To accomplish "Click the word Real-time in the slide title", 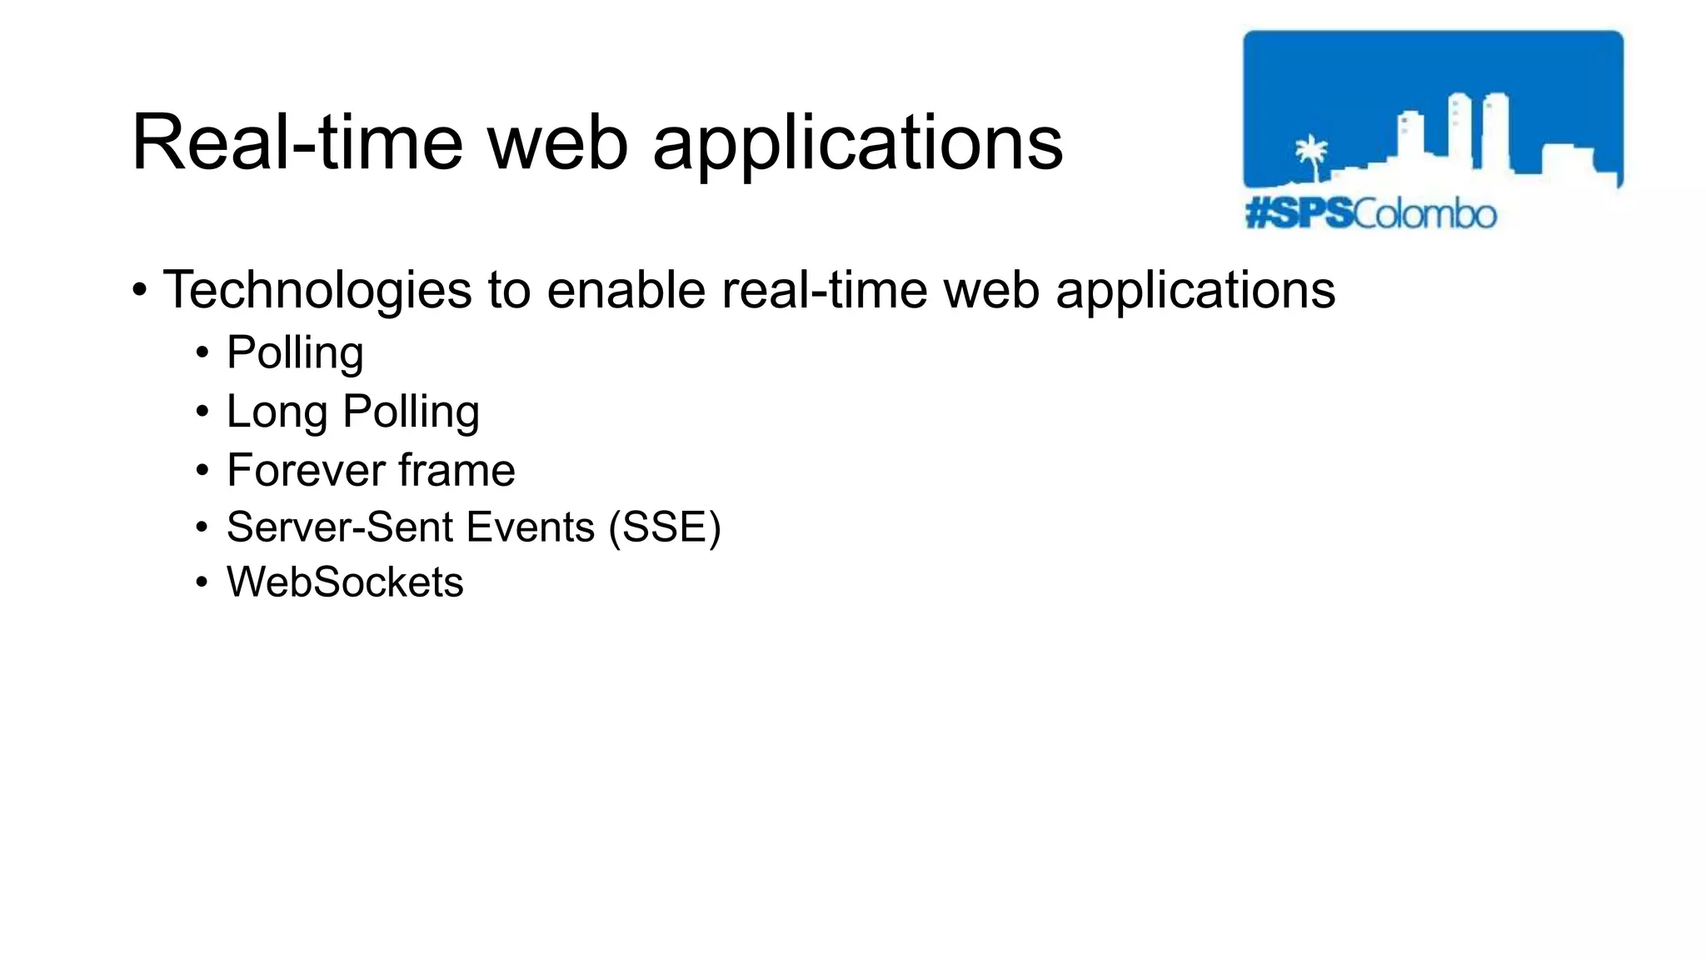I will pyautogui.click(x=297, y=143).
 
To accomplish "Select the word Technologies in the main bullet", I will pyautogui.click(x=317, y=290).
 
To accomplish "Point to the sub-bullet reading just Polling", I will pyautogui.click(x=295, y=353).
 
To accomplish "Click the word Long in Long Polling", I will pyautogui.click(x=277, y=412).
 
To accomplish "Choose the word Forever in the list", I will pyautogui.click(x=306, y=470).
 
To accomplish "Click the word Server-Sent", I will pyautogui.click(x=339, y=527).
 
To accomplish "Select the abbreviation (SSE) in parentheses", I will pyautogui.click(x=665, y=527).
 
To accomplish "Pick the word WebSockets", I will pyautogui.click(x=345, y=582).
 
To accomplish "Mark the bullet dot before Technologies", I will pyautogui.click(x=140, y=291).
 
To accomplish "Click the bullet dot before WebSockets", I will pyautogui.click(x=202, y=583).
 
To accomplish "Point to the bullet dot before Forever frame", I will pyautogui.click(x=202, y=471).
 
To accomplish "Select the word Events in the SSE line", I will pyautogui.click(x=530, y=527).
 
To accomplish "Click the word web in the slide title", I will pyautogui.click(x=557, y=143).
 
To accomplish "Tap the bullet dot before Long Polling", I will pyautogui.click(x=202, y=412).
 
